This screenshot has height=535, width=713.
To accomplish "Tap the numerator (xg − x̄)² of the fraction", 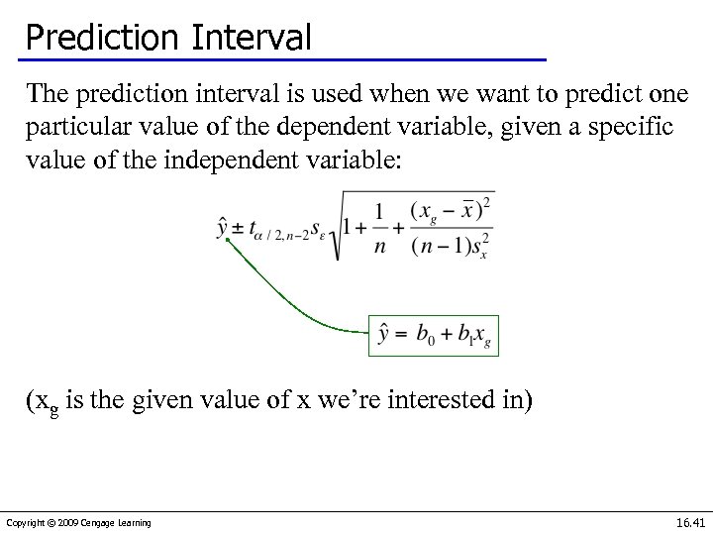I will (452, 210).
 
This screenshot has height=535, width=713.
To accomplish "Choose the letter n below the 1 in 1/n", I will (379, 248).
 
